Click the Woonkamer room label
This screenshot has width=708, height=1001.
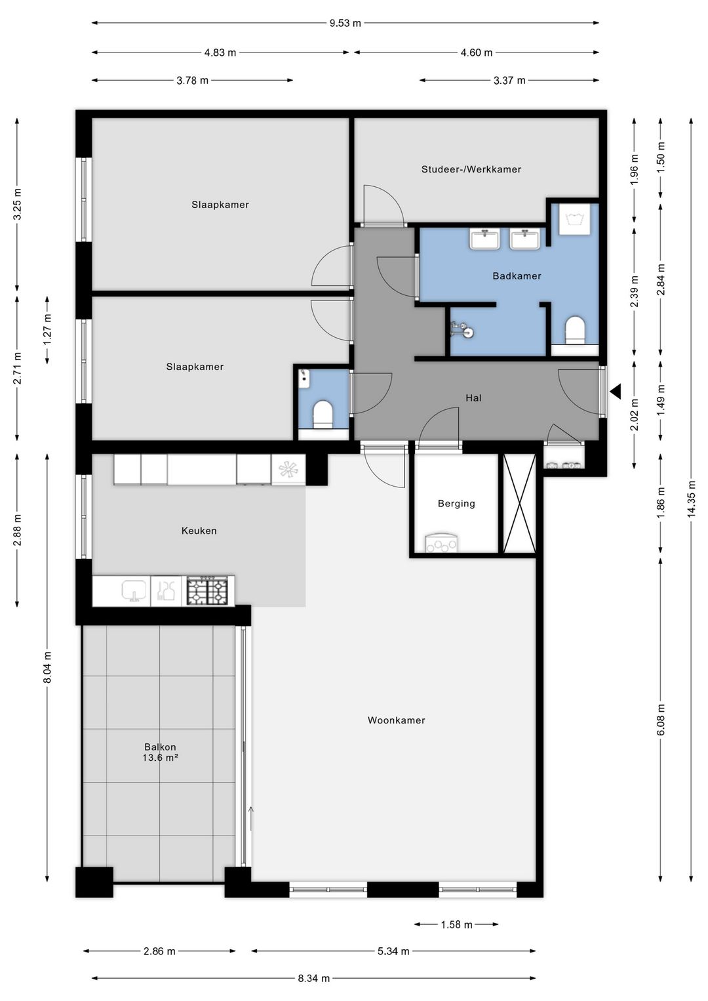click(396, 720)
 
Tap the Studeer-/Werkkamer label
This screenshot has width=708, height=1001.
click(471, 169)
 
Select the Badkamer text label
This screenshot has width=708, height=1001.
click(517, 276)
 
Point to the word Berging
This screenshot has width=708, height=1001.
click(456, 504)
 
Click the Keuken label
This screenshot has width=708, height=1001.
click(199, 531)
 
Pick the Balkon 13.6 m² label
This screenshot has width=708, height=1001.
click(160, 752)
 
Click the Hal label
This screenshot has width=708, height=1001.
click(473, 398)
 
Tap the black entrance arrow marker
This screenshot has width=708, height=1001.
click(616, 392)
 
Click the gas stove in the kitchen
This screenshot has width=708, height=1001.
click(208, 591)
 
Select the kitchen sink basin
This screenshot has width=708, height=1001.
click(134, 591)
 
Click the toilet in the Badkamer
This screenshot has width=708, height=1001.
click(574, 331)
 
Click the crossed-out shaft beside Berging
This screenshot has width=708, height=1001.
click(519, 504)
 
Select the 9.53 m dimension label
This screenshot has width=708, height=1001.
click(345, 23)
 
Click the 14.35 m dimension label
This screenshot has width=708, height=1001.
click(692, 499)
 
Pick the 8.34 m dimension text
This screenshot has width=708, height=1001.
click(313, 978)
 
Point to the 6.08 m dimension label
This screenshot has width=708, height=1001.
click(661, 720)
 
